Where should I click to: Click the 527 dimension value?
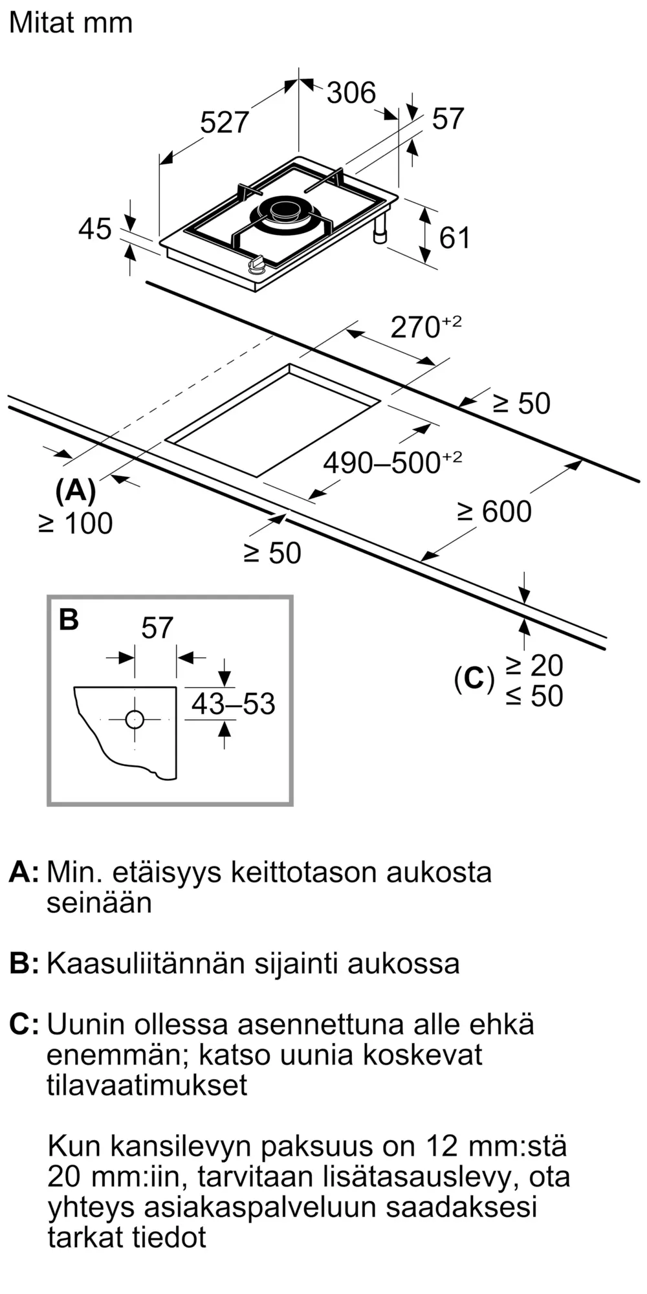point(224,122)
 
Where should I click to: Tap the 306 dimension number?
point(351,93)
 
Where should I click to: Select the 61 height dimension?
point(454,238)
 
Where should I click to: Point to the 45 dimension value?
point(94,229)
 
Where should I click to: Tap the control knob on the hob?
point(257,264)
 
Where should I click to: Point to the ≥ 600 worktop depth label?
point(495,512)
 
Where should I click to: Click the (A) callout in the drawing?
point(76,491)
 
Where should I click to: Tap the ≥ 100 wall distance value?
point(76,523)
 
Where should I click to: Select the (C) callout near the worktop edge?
point(474,679)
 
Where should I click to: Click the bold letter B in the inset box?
point(69,619)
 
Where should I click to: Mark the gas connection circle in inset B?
point(135,719)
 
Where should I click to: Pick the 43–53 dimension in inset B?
point(233,704)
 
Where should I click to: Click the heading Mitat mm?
point(71,23)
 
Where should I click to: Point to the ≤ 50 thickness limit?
point(534,696)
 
